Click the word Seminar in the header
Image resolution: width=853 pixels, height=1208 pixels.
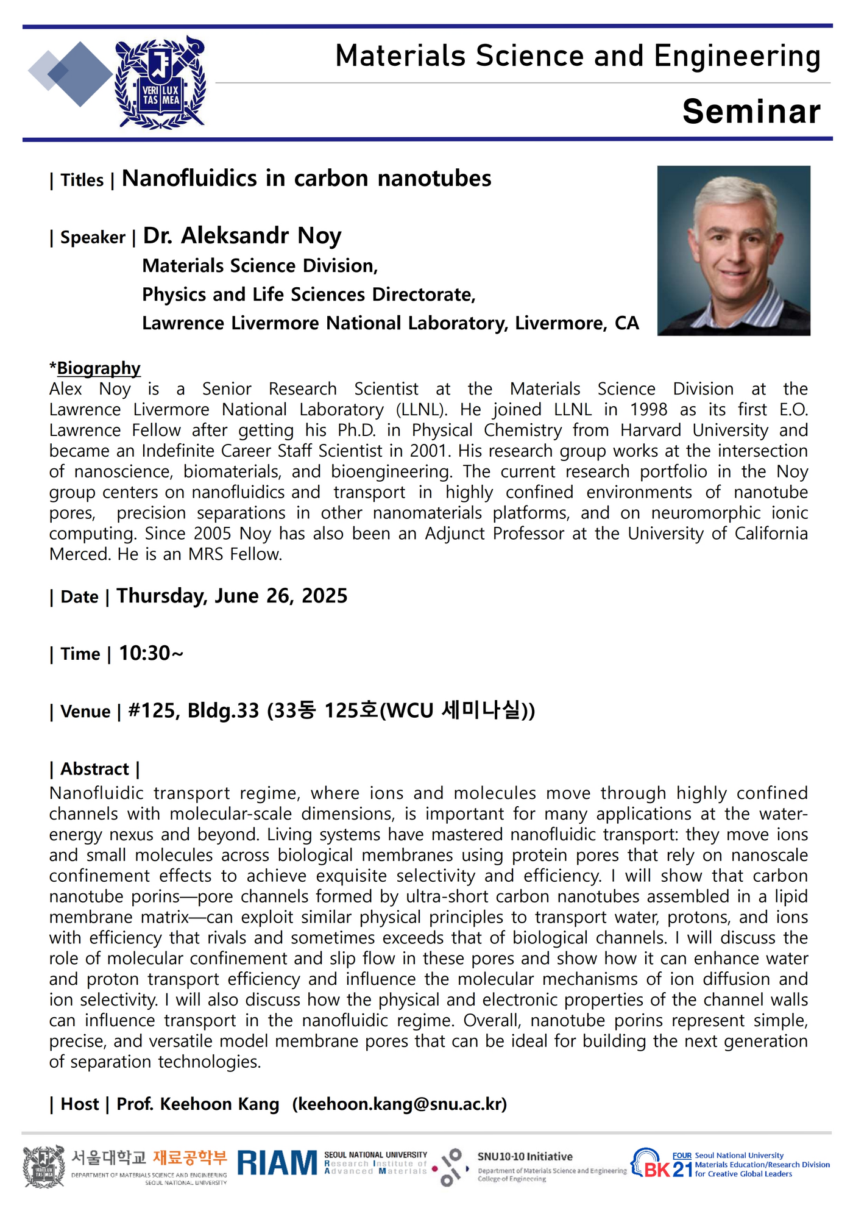[x=751, y=112]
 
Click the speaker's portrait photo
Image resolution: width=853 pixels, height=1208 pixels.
[x=734, y=251]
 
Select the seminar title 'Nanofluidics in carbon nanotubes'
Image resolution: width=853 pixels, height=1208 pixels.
[x=306, y=179]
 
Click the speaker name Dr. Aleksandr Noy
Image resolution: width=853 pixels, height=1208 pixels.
[x=242, y=235]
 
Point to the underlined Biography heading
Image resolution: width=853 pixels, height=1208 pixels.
[x=98, y=368]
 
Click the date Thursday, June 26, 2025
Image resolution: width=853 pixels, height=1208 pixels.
[x=232, y=596]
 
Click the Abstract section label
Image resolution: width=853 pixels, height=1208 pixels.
[x=94, y=769]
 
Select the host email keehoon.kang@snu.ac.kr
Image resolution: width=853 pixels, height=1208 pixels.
[x=400, y=1104]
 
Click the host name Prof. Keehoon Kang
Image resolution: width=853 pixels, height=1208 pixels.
[x=197, y=1104]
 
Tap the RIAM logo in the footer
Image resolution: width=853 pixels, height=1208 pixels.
[x=277, y=1163]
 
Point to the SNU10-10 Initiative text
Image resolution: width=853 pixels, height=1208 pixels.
[x=525, y=1157]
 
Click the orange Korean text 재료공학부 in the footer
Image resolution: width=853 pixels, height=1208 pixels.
[x=189, y=1157]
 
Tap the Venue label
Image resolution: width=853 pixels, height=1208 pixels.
[x=85, y=712]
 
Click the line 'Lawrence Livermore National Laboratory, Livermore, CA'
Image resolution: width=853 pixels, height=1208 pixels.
[x=390, y=323]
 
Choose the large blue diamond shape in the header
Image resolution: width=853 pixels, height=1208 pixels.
[x=79, y=74]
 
